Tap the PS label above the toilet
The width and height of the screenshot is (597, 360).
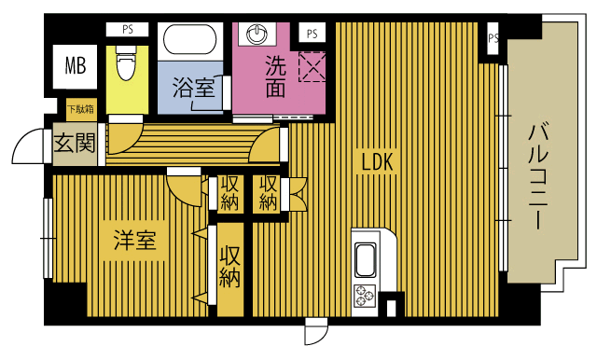127,30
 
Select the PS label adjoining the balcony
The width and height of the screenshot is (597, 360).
493,39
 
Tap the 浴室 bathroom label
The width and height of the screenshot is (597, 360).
193,90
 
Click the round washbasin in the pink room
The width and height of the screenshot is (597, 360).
257,34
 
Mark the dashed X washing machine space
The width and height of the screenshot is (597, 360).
310,66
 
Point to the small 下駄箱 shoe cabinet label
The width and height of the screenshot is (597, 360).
79,109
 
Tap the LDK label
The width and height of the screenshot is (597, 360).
379,162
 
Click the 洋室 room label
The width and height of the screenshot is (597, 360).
133,241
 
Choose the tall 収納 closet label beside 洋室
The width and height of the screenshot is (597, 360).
229,266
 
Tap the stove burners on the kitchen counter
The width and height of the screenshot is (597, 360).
363,297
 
